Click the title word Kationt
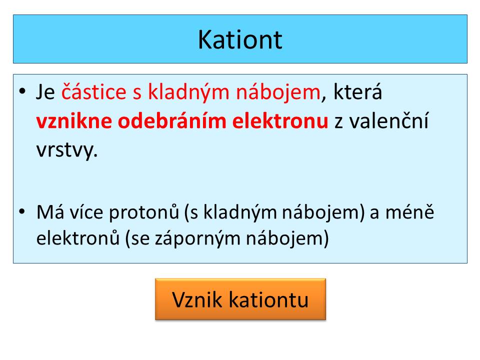point(240,39)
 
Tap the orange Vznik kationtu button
point(240,299)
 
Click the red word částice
point(93,91)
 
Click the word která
point(357,91)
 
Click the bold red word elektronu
point(280,121)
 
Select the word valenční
point(389,120)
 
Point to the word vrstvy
point(66,150)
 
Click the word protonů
point(144,212)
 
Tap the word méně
point(409,211)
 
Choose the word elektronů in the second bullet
point(78,238)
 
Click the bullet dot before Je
point(22,91)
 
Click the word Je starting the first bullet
point(45,92)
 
